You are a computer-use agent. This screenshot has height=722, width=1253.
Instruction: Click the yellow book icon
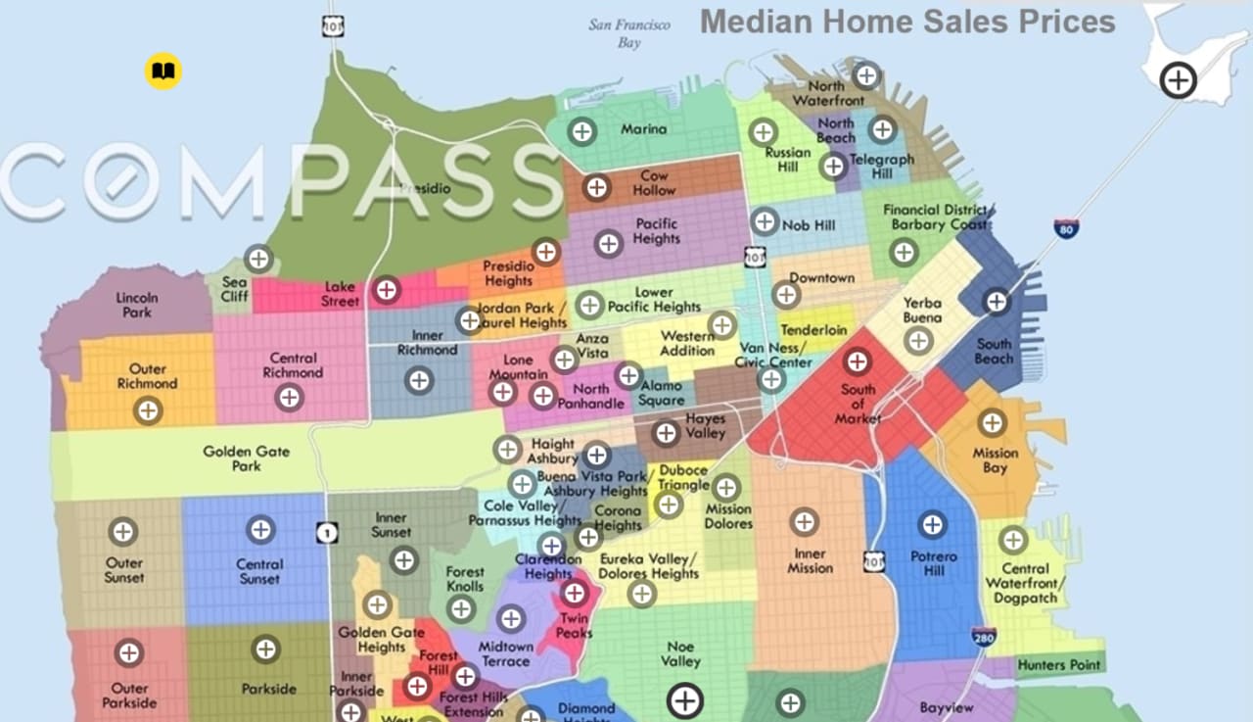click(163, 72)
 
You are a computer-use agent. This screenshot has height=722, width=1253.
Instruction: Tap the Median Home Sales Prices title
click(907, 22)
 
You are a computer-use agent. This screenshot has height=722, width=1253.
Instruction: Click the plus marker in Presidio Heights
click(546, 252)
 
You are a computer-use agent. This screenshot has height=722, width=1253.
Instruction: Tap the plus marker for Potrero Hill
click(932, 525)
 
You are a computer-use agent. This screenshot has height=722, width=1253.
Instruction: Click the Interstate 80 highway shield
click(1066, 229)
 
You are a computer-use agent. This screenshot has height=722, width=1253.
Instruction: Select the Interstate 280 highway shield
click(984, 637)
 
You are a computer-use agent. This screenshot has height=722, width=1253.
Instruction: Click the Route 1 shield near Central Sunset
click(327, 533)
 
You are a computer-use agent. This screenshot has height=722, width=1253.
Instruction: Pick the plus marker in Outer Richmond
click(148, 410)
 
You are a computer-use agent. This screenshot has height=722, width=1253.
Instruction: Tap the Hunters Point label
click(1059, 665)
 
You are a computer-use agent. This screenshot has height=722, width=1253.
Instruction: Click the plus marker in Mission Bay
click(992, 423)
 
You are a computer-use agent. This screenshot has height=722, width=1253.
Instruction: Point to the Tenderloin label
click(813, 330)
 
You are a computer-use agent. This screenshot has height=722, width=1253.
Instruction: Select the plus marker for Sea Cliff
click(258, 259)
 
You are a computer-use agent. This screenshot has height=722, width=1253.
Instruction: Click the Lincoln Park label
click(136, 305)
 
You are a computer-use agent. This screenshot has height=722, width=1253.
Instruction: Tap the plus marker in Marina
click(582, 130)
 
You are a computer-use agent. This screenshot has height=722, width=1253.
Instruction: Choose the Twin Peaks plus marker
click(574, 593)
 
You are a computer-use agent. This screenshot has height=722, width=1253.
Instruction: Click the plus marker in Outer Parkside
click(128, 652)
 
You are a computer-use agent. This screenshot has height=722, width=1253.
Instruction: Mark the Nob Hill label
click(809, 225)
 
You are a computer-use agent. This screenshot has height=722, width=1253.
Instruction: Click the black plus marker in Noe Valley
click(685, 700)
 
